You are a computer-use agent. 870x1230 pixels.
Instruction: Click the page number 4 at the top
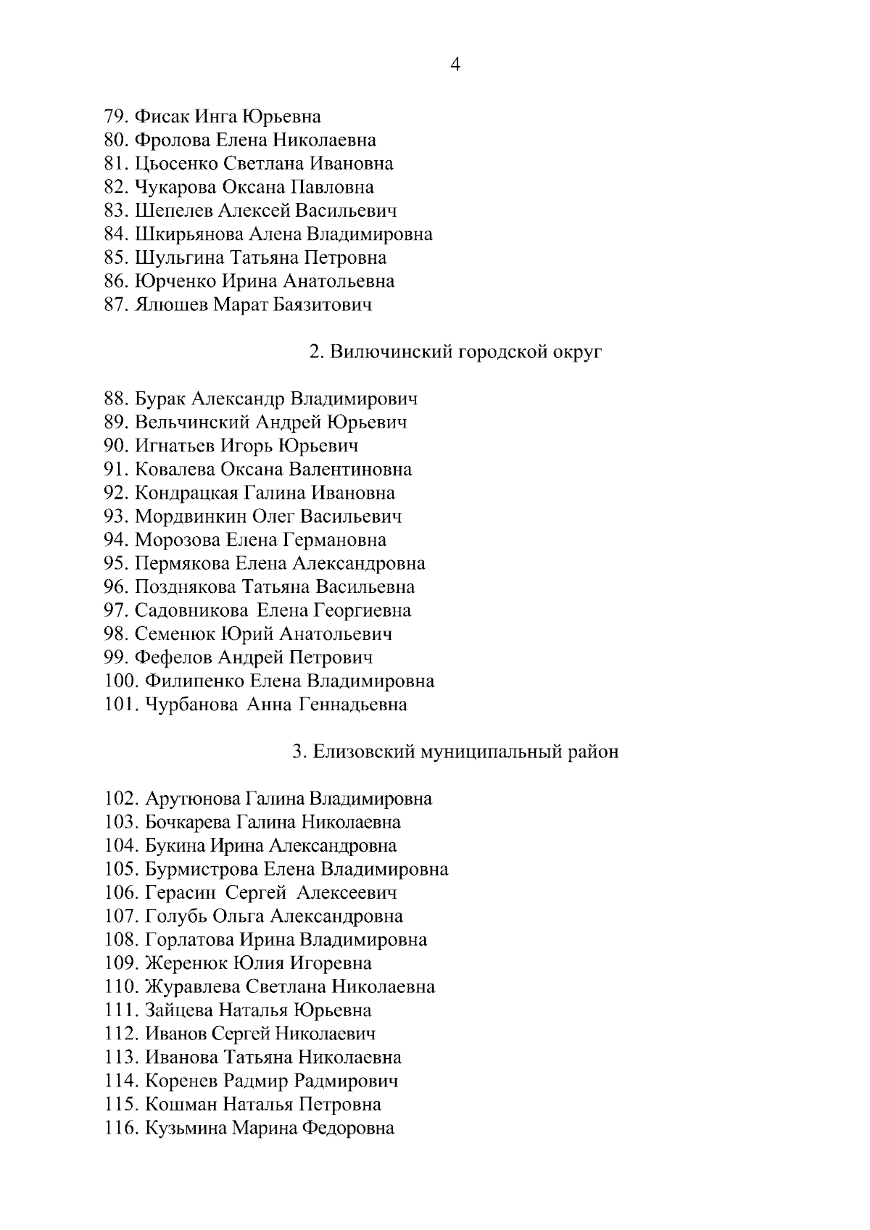[455, 65]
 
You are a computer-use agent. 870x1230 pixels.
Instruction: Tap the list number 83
[116, 211]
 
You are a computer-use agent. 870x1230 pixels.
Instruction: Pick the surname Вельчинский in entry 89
[191, 422]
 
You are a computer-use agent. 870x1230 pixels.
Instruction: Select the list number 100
[121, 681]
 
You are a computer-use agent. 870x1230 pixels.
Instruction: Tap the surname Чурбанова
[191, 705]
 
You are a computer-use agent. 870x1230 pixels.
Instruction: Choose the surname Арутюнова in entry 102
[192, 799]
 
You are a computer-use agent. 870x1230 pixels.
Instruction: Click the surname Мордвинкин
[191, 517]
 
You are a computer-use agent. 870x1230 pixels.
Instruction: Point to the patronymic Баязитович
[322, 304]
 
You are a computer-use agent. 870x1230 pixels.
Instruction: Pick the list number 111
[121, 1010]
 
